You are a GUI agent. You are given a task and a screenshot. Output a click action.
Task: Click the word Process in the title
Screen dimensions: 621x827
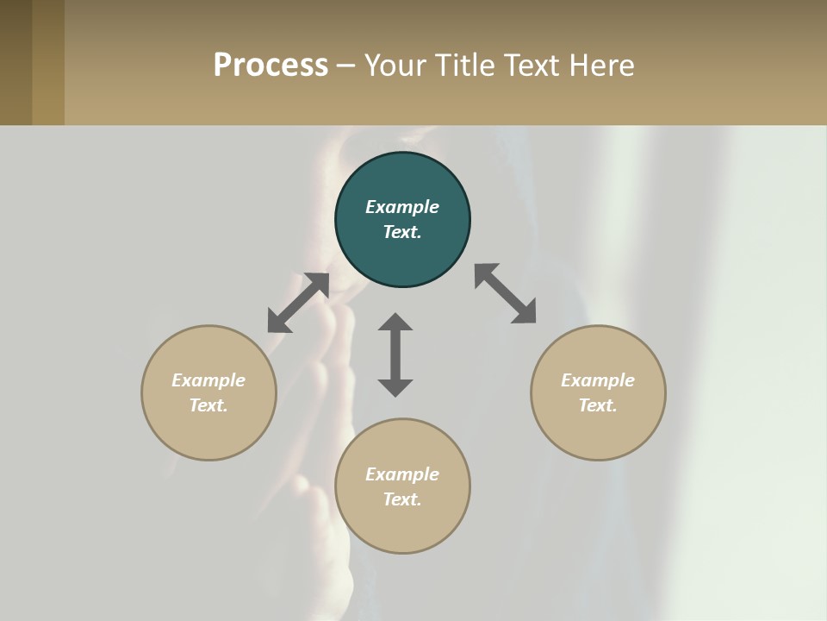[x=270, y=66]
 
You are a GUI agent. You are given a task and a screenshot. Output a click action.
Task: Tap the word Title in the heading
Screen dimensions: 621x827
[x=466, y=66]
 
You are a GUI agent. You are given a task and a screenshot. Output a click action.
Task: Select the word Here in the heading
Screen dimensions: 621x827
[x=603, y=66]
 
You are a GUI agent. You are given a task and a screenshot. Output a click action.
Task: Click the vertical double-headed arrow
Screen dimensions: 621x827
[x=395, y=354]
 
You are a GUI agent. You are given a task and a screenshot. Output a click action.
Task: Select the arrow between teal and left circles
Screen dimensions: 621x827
[x=298, y=303]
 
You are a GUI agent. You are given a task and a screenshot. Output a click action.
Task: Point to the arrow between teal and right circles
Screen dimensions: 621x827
[x=505, y=293]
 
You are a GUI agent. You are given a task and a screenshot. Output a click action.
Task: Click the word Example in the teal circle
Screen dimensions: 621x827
[x=402, y=207]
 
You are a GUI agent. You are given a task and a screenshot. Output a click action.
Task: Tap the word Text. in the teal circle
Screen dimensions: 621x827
[x=402, y=232]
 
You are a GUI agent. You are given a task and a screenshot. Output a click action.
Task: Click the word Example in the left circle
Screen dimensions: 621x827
[x=208, y=380]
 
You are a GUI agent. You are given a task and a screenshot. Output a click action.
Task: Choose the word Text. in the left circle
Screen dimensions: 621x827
[x=208, y=405]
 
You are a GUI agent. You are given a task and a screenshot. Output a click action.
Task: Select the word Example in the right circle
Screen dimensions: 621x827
[x=598, y=380]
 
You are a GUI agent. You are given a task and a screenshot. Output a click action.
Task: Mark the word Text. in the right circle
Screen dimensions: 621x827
[x=598, y=405]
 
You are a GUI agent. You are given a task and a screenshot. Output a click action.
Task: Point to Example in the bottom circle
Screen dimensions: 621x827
[x=402, y=474]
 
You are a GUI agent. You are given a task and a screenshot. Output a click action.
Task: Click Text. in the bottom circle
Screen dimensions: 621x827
[x=402, y=499]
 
